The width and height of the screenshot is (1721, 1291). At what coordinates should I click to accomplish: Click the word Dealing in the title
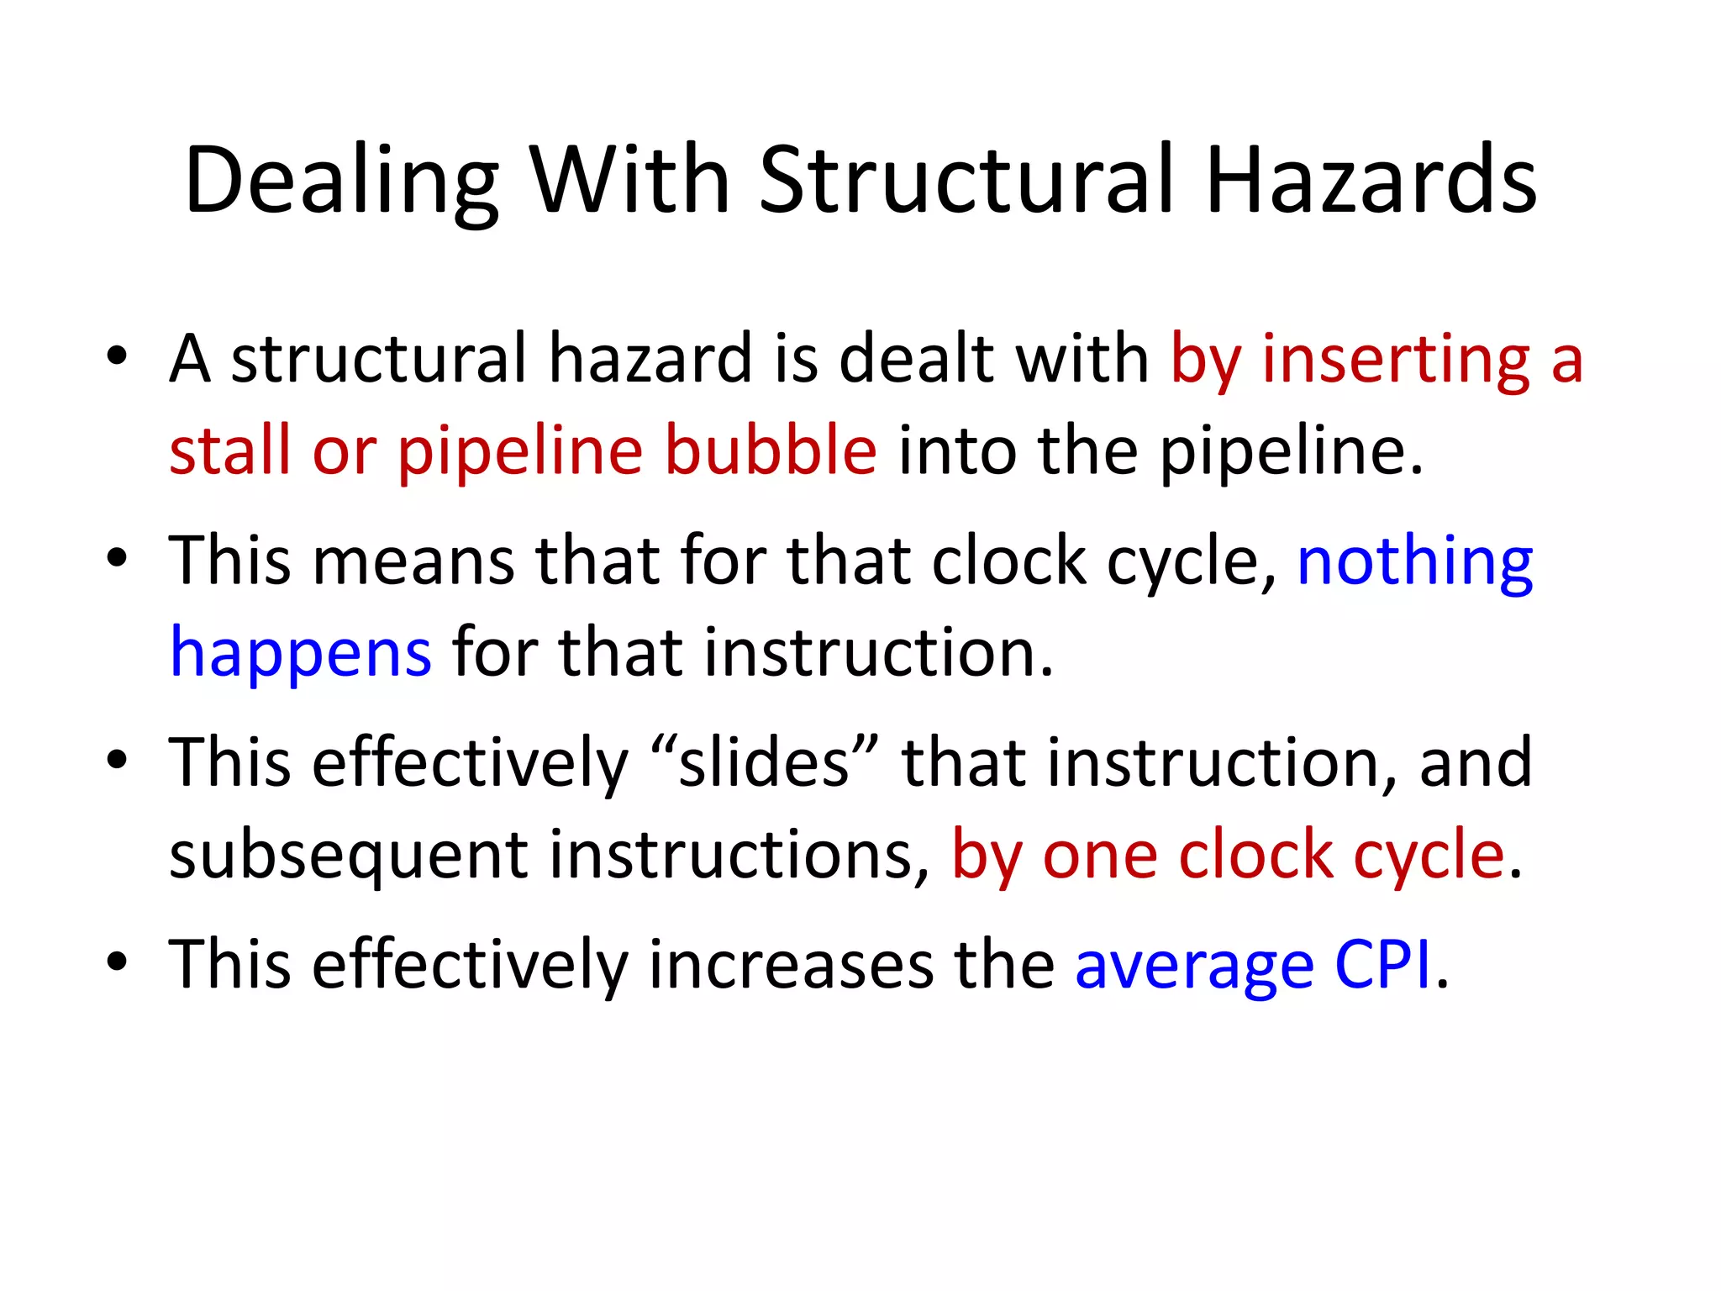341,181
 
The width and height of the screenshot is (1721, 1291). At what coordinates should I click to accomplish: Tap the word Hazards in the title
1371,181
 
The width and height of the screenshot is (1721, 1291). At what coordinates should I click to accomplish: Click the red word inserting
1396,361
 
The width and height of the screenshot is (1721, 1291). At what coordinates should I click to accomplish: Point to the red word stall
230,451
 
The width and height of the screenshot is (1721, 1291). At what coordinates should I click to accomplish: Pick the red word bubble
771,451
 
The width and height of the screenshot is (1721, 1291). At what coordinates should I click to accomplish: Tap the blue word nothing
1415,562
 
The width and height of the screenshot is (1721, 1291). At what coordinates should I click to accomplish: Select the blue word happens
301,654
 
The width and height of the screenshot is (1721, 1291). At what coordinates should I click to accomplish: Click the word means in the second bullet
413,561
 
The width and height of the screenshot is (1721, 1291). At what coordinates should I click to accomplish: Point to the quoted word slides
753,762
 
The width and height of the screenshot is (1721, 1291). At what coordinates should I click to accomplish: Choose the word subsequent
348,856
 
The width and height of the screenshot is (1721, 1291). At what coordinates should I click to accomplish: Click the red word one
1100,856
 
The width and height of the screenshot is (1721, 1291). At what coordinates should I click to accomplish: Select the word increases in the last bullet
790,964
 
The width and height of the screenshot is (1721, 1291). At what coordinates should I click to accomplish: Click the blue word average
1194,966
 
